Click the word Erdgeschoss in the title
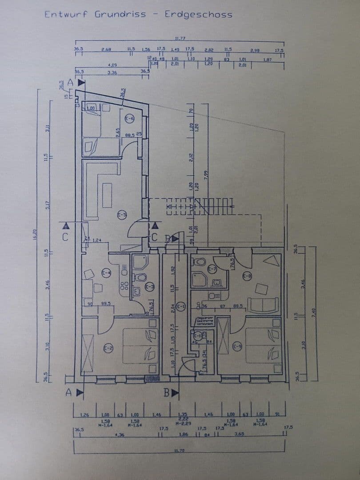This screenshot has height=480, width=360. pyautogui.click(x=198, y=15)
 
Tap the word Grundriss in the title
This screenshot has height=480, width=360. pyautogui.click(x=120, y=14)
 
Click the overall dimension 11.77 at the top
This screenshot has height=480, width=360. pyautogui.click(x=180, y=39)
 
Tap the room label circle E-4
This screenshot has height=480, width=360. pyautogui.click(x=106, y=273)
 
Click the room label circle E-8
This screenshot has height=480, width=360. pyautogui.click(x=247, y=276)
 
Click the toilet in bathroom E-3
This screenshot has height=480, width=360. pyautogui.click(x=141, y=278)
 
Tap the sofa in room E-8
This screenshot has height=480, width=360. pyautogui.click(x=263, y=305)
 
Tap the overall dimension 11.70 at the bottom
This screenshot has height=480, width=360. pyautogui.click(x=180, y=451)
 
